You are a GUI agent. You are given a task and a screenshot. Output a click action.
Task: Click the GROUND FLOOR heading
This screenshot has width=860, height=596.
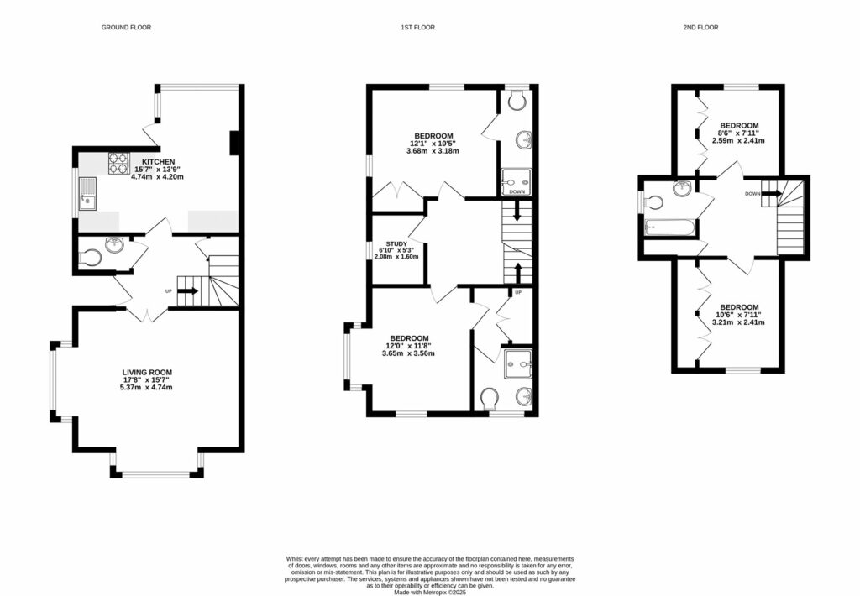[x=126, y=28]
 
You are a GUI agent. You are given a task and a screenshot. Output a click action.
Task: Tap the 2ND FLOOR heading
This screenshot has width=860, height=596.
[x=700, y=28]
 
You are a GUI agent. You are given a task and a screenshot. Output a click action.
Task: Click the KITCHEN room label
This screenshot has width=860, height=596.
[x=158, y=161]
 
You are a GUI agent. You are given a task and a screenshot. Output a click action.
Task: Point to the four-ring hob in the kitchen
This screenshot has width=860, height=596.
[x=118, y=161]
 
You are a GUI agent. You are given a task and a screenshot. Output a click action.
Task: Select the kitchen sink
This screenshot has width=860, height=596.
[x=87, y=199]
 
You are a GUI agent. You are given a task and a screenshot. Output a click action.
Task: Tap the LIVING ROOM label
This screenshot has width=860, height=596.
[x=147, y=372]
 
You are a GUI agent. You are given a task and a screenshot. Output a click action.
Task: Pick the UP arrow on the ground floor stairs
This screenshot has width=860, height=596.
[x=188, y=291]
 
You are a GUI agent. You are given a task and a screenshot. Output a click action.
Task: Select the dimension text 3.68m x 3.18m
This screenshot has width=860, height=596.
[x=433, y=152]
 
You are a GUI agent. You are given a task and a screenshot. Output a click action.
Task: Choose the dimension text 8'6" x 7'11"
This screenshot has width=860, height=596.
[x=739, y=133]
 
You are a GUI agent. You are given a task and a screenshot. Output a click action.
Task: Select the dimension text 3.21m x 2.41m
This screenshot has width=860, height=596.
[x=739, y=322]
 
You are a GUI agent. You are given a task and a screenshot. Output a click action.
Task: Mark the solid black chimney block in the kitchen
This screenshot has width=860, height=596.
[x=236, y=143]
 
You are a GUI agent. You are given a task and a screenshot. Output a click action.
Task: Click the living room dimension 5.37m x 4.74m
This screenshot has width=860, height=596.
[x=147, y=387]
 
